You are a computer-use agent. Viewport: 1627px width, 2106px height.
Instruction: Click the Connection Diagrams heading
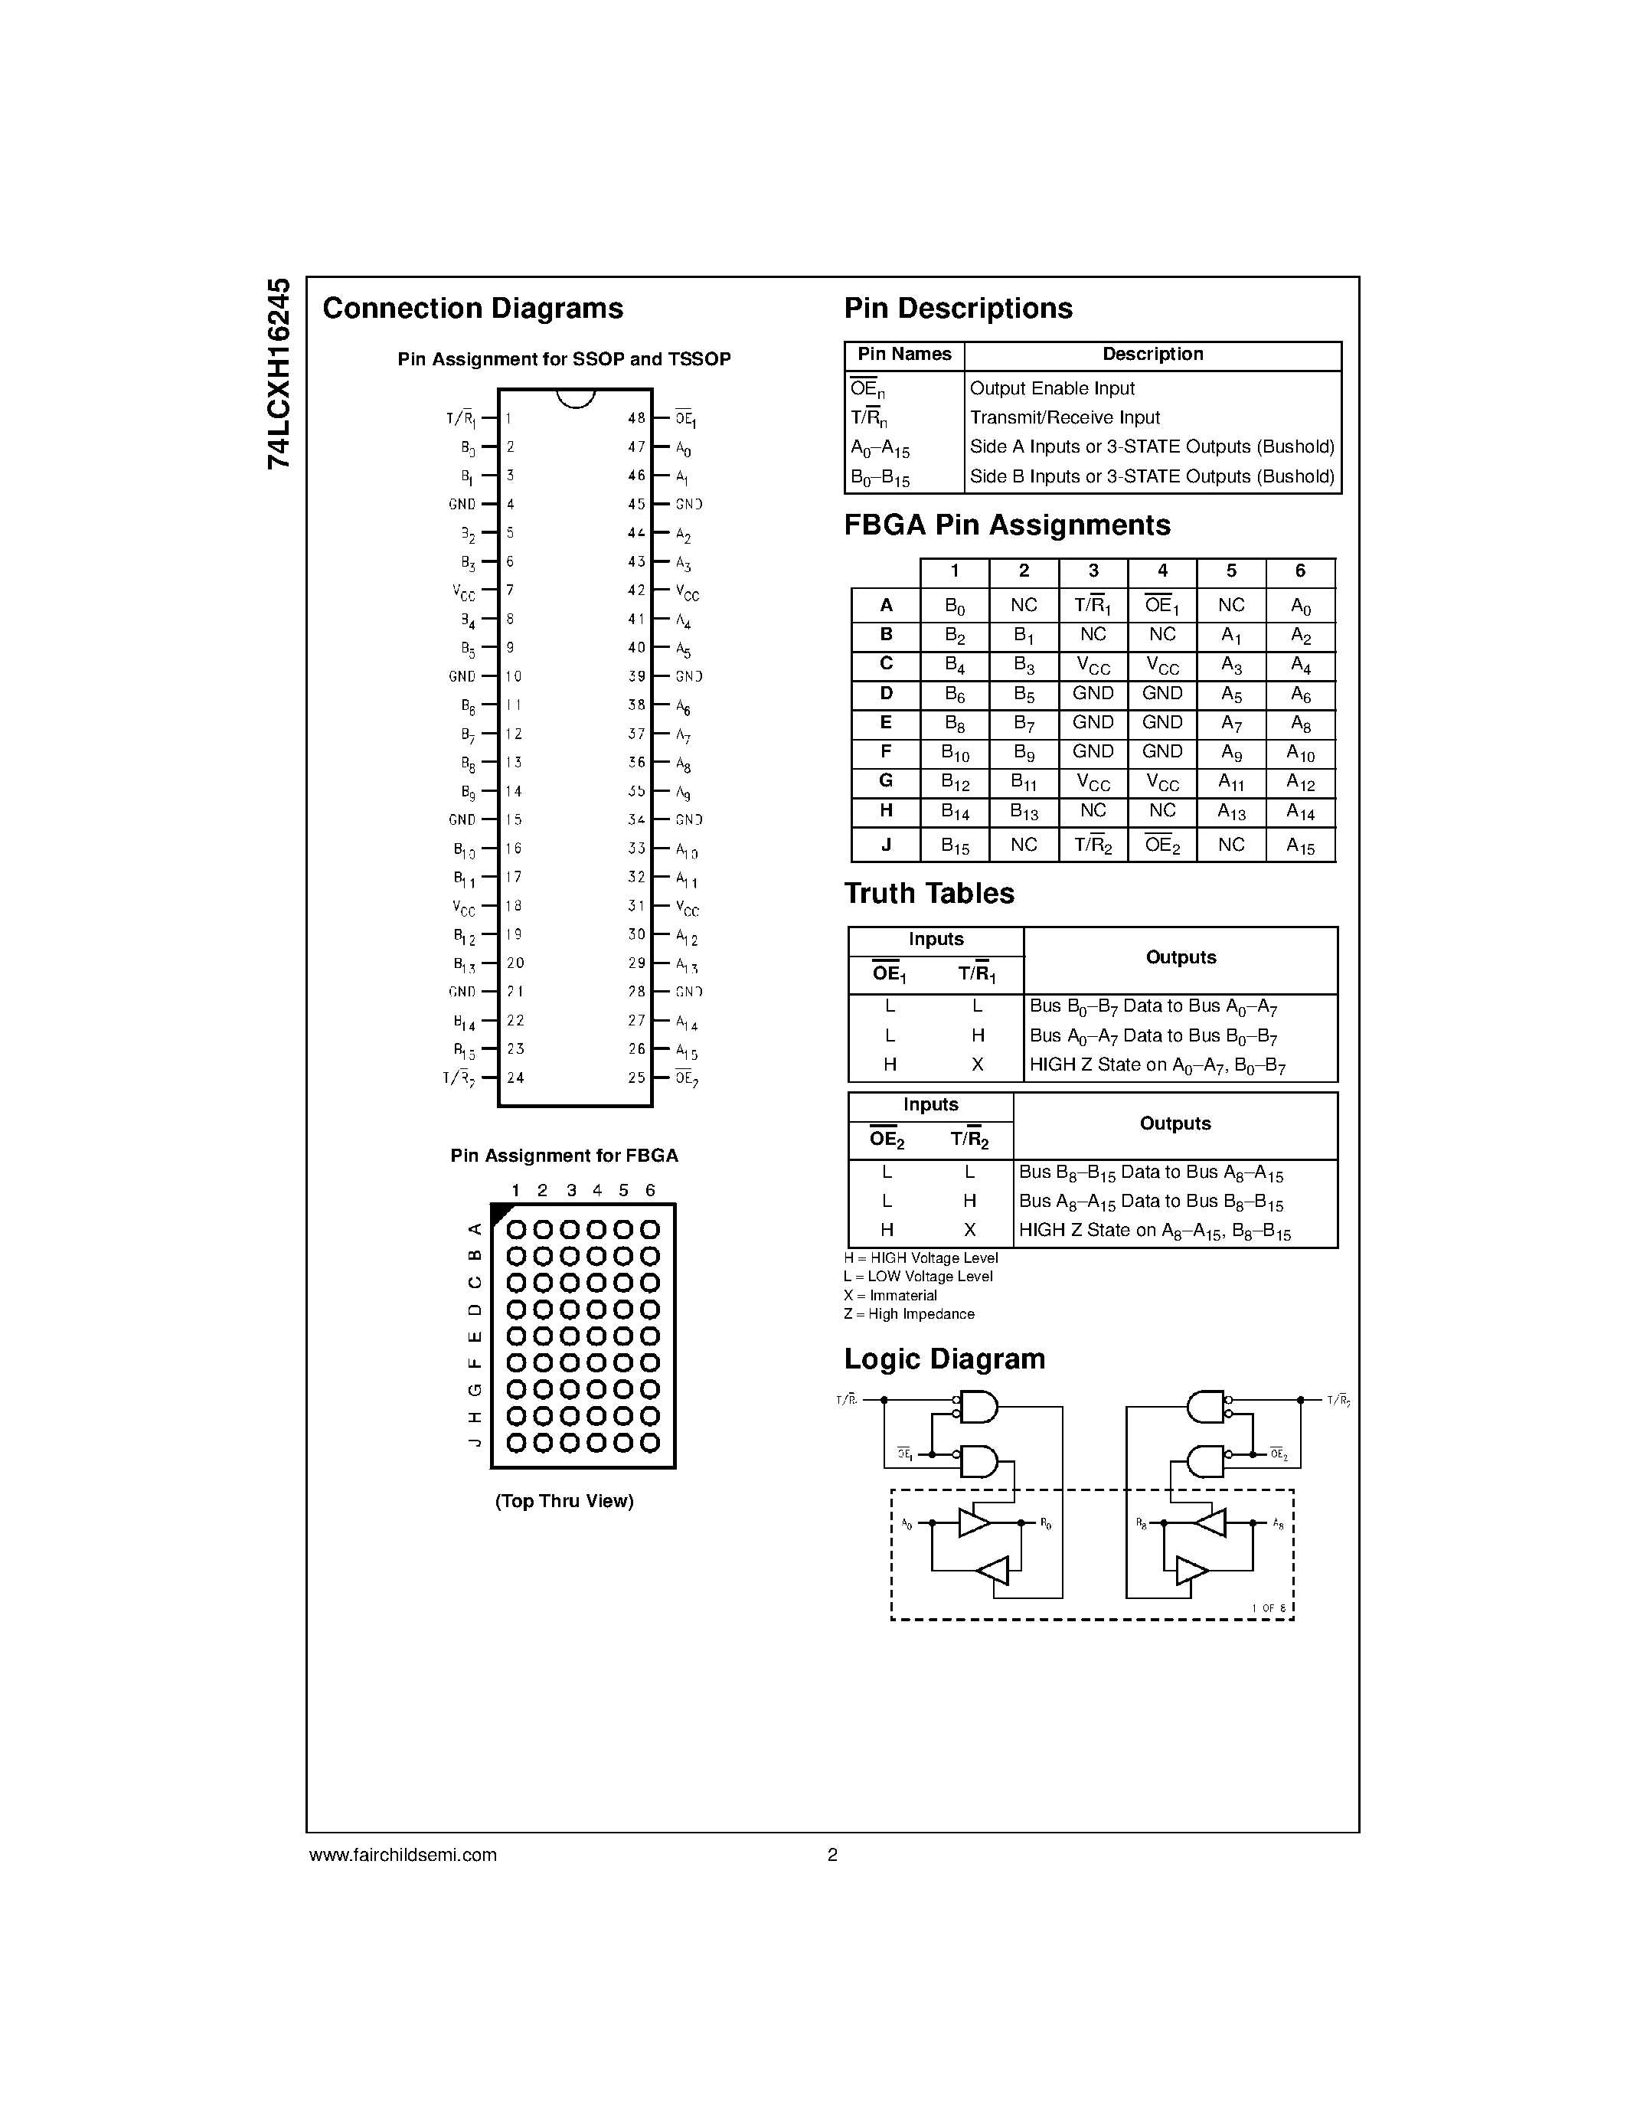coord(472,309)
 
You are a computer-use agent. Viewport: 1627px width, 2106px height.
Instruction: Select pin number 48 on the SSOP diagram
coord(636,418)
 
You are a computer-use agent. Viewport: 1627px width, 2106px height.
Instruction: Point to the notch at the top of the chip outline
coord(576,397)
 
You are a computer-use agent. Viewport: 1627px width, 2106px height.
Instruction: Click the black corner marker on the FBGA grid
coord(500,1213)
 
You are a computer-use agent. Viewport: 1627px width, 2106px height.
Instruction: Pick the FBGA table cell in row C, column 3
coord(1093,665)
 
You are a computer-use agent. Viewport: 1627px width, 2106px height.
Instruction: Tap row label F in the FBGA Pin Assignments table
coord(886,752)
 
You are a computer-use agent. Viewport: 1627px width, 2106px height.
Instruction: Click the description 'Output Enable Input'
coord(1051,388)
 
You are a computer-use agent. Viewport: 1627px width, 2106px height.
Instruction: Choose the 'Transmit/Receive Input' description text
coord(1064,417)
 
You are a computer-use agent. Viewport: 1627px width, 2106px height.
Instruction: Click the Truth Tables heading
coord(929,894)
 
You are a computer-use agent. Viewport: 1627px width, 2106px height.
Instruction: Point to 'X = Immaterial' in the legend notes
coord(890,1296)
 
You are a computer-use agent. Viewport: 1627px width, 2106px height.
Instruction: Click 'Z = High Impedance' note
coord(908,1314)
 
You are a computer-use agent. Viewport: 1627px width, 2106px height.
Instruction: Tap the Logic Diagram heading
coord(945,1359)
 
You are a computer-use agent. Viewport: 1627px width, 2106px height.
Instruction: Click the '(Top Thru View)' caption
coord(564,1502)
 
